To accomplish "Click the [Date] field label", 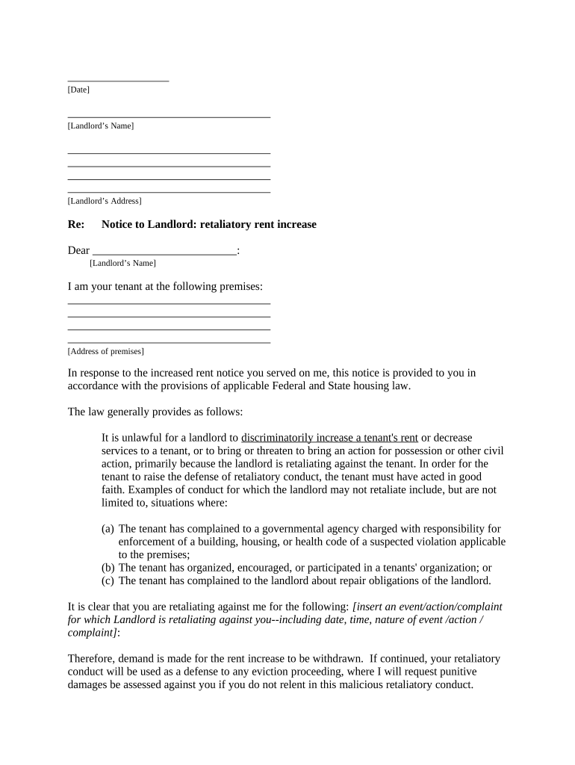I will click(78, 90).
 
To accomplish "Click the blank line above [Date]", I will click(118, 79).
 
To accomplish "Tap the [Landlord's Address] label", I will click(105, 201).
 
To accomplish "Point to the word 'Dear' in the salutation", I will click(78, 251).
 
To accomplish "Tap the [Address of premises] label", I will click(106, 351).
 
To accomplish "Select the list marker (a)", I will click(108, 529).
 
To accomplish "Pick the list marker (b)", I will click(108, 567).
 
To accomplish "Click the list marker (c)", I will click(108, 580).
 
